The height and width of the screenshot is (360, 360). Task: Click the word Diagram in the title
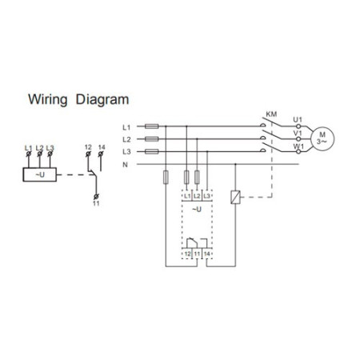click(102, 100)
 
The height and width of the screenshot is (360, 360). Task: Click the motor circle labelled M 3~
click(322, 138)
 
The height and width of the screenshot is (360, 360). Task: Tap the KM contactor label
click(271, 114)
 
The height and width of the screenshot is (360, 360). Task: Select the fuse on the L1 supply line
click(151, 126)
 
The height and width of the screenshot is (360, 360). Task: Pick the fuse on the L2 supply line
click(151, 139)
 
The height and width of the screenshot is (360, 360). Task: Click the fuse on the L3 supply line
click(151, 151)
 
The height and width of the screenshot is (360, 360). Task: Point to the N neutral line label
click(125, 165)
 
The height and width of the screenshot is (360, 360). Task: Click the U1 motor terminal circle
click(298, 126)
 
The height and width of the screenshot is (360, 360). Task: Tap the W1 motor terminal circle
click(298, 151)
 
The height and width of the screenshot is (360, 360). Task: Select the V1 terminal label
click(298, 133)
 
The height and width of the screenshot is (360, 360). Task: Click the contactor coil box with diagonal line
click(235, 198)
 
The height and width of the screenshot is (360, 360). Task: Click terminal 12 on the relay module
click(187, 254)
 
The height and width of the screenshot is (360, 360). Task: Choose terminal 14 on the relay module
click(206, 254)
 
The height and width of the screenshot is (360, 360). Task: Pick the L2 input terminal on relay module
click(197, 196)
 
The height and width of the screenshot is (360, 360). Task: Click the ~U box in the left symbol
click(40, 174)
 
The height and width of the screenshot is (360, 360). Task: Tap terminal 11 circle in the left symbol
click(96, 197)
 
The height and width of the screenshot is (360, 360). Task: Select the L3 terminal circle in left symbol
click(50, 154)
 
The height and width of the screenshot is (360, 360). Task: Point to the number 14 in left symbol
click(102, 147)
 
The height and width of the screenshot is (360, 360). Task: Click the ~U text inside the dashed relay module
click(197, 210)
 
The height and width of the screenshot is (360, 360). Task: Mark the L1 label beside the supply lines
click(126, 128)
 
